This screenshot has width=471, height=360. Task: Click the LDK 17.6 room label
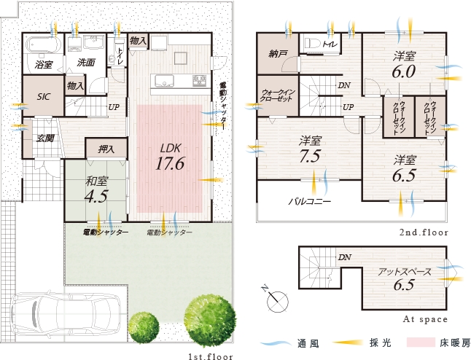click(x=170, y=157)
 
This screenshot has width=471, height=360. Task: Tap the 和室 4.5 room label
click(x=96, y=189)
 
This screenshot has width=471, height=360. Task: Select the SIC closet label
click(x=44, y=97)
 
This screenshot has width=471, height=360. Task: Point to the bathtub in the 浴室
click(x=44, y=45)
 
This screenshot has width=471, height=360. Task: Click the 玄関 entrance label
click(x=45, y=138)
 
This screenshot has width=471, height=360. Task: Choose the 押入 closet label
click(x=106, y=149)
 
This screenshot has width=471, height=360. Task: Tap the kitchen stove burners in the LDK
click(x=200, y=80)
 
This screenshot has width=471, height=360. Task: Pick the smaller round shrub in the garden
click(x=144, y=326)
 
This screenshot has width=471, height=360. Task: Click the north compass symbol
click(x=275, y=298)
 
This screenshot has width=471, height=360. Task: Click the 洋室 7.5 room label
click(x=310, y=149)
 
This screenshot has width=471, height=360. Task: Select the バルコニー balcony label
click(x=310, y=201)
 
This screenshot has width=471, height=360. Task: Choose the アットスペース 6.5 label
click(x=404, y=279)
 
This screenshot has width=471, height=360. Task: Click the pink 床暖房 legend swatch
click(x=421, y=343)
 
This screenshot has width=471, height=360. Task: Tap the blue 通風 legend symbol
click(x=276, y=343)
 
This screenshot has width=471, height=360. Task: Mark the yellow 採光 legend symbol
click(x=349, y=343)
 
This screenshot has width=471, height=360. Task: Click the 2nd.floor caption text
click(x=424, y=232)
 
